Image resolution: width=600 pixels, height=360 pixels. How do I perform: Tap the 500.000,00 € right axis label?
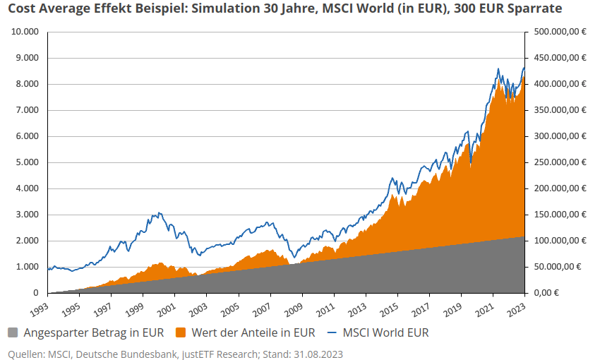pos(558,32)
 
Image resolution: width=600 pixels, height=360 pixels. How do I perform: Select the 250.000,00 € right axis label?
pos(558,162)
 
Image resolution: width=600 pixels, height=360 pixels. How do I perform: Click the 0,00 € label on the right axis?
pos(546,293)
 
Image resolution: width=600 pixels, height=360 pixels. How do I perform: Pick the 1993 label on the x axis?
pos(42,308)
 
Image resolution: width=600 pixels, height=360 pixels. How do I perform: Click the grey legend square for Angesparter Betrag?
pos(13,332)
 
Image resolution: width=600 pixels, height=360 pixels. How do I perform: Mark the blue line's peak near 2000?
pos(160,212)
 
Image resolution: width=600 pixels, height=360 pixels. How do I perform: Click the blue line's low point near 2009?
pos(294,259)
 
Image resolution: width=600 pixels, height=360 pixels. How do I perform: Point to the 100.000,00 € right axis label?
pos(558,241)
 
